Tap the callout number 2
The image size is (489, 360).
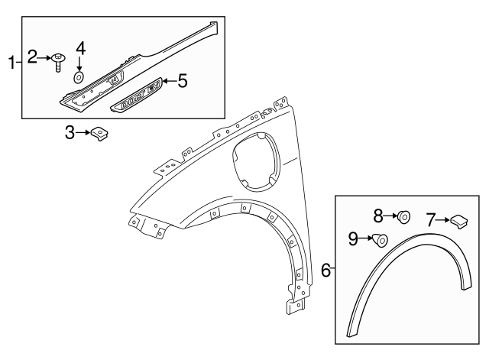(33, 57)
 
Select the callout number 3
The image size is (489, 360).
(70, 134)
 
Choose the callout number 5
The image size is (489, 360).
(182, 80)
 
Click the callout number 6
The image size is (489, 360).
(325, 270)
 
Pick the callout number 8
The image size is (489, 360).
(377, 216)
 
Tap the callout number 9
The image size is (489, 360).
(352, 238)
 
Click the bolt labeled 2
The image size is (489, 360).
(59, 60)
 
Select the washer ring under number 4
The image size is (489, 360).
(79, 78)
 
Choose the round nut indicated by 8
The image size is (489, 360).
(404, 217)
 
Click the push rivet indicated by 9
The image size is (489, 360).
(380, 242)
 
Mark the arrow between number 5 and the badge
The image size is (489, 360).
(168, 81)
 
